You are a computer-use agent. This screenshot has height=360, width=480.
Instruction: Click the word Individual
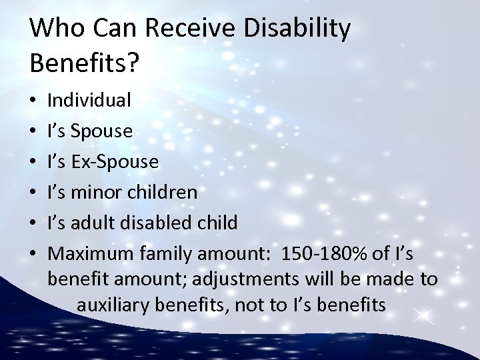[x=89, y=101]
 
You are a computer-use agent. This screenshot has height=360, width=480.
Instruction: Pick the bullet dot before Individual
[x=34, y=102]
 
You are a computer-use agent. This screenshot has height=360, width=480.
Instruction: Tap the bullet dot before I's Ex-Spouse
[x=34, y=163]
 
